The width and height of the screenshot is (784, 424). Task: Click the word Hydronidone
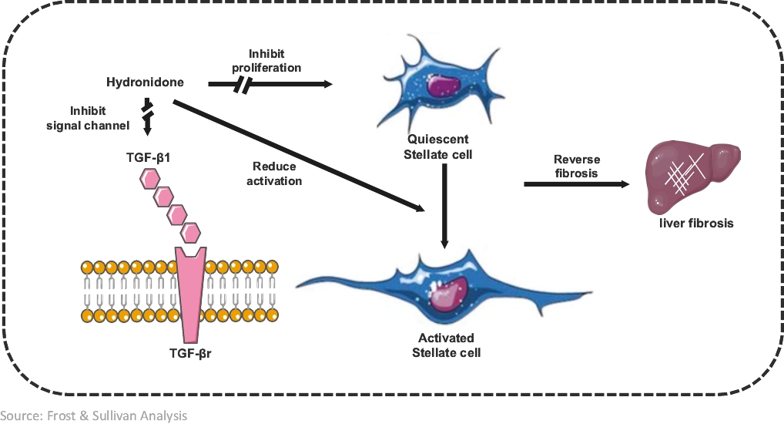(x=144, y=82)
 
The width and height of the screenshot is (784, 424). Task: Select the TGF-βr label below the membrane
(x=190, y=355)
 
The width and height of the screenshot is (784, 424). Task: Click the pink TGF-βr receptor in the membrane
(x=190, y=293)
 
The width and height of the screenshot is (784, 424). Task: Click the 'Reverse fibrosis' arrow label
(x=575, y=167)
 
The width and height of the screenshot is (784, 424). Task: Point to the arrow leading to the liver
(x=574, y=185)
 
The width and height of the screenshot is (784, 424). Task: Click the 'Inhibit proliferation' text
(x=266, y=61)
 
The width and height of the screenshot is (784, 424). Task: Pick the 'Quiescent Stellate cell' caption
(x=437, y=146)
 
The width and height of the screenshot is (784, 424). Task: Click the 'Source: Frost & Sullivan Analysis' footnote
(x=93, y=416)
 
